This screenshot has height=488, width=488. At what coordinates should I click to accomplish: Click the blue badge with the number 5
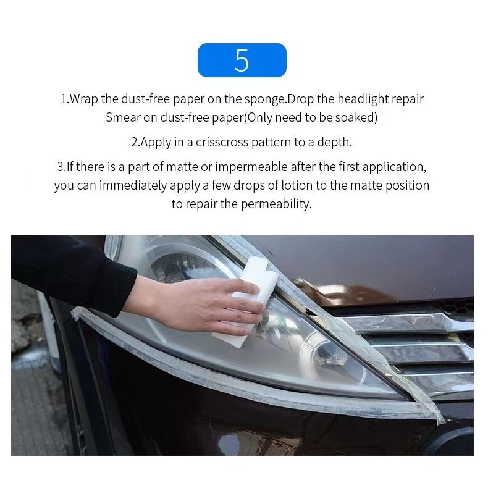[242, 60]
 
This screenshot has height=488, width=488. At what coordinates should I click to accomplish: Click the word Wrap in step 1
[83, 99]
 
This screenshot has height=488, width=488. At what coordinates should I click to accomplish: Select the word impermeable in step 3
[251, 167]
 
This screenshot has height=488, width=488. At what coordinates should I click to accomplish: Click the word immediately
[133, 185]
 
